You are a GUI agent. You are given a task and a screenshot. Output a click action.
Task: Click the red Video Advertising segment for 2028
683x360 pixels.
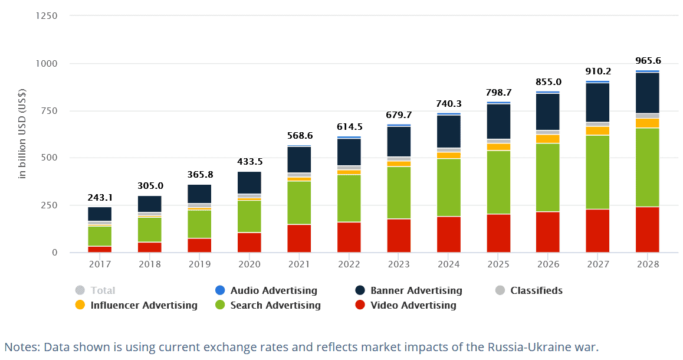click(x=647, y=230)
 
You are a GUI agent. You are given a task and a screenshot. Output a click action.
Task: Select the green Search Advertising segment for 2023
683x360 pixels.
click(x=399, y=192)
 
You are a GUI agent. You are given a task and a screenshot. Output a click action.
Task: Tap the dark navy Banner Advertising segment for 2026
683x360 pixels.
click(x=548, y=112)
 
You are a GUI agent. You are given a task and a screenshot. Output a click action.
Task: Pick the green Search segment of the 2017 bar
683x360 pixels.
click(x=100, y=235)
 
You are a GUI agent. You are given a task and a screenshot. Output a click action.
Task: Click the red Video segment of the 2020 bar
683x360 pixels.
click(x=249, y=243)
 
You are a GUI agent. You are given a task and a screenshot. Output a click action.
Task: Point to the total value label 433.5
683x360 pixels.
click(x=249, y=161)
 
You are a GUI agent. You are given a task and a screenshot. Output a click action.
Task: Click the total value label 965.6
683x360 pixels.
click(x=648, y=60)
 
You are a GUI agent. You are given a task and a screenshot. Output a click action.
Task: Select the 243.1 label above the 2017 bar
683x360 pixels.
click(x=100, y=197)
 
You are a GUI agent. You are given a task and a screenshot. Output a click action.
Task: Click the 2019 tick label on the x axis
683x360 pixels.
click(x=199, y=264)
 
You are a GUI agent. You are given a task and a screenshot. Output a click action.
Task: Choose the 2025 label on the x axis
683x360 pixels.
click(x=498, y=264)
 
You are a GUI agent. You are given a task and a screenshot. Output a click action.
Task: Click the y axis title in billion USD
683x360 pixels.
click(x=22, y=134)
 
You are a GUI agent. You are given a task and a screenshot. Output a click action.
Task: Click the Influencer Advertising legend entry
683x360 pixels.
click(x=144, y=305)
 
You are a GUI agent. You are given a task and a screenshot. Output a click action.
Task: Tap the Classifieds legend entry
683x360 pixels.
click(x=536, y=290)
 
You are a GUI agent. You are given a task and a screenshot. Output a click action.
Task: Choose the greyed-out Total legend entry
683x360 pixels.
click(x=103, y=290)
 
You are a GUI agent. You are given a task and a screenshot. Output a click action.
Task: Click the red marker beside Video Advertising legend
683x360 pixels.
click(x=360, y=305)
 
